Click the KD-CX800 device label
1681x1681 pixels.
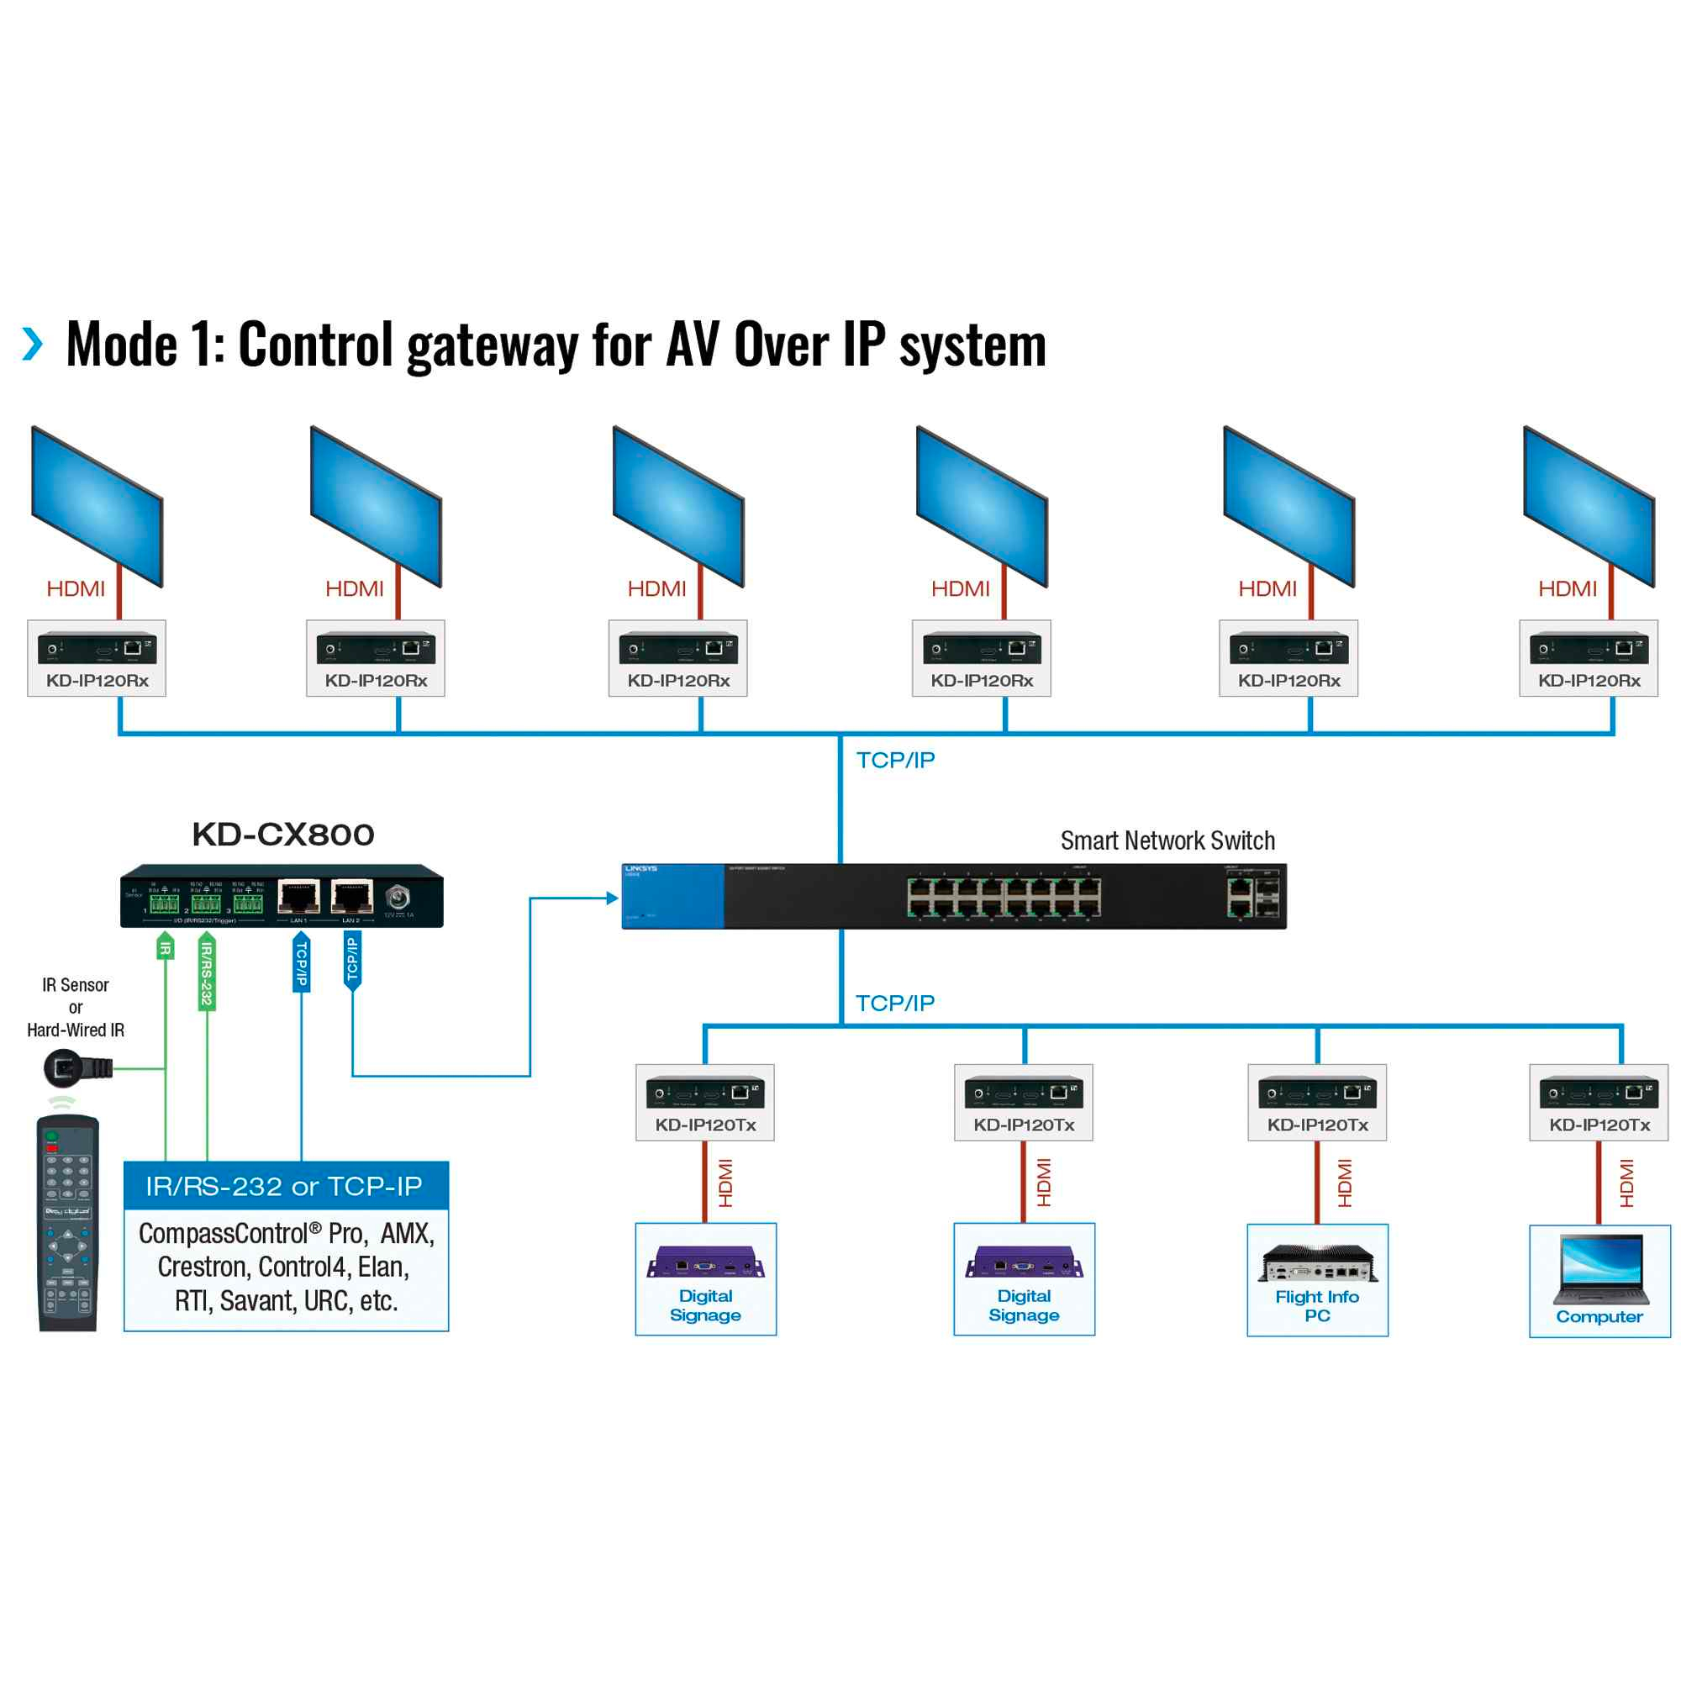282,835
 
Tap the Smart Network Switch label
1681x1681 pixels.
1167,840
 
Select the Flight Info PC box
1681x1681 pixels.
1316,1279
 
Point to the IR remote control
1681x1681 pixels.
68,1222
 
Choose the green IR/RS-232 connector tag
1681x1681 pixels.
207,972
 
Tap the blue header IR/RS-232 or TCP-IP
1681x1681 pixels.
286,1186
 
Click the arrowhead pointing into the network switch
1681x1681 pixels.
613,898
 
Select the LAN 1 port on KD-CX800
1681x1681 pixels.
298,897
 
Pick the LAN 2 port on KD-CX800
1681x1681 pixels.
351,897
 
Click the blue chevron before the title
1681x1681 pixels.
33,344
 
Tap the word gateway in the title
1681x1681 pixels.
492,346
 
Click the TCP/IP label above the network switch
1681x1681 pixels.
895,760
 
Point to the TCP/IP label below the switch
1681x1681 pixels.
894,1004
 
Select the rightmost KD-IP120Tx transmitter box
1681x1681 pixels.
1599,1102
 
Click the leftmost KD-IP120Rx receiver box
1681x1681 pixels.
97,658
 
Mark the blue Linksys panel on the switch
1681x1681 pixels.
672,896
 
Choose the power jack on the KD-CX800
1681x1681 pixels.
398,896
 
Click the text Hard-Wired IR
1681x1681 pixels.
76,1030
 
